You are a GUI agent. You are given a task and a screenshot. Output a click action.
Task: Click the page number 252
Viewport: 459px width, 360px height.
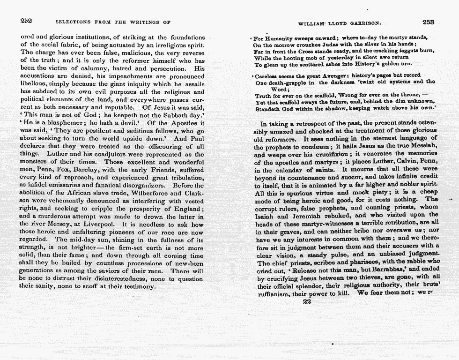(x=26, y=21)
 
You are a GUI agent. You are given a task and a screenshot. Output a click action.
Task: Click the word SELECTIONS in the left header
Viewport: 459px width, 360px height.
(x=71, y=22)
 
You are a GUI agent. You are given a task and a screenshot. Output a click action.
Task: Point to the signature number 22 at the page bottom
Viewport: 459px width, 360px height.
(x=307, y=302)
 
